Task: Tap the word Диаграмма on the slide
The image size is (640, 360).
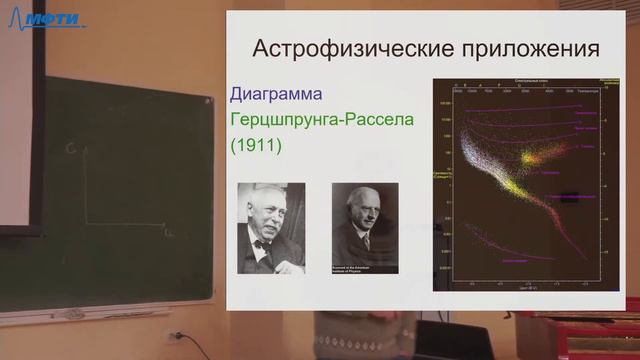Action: point(276,96)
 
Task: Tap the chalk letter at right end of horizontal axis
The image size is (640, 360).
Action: point(166,231)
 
